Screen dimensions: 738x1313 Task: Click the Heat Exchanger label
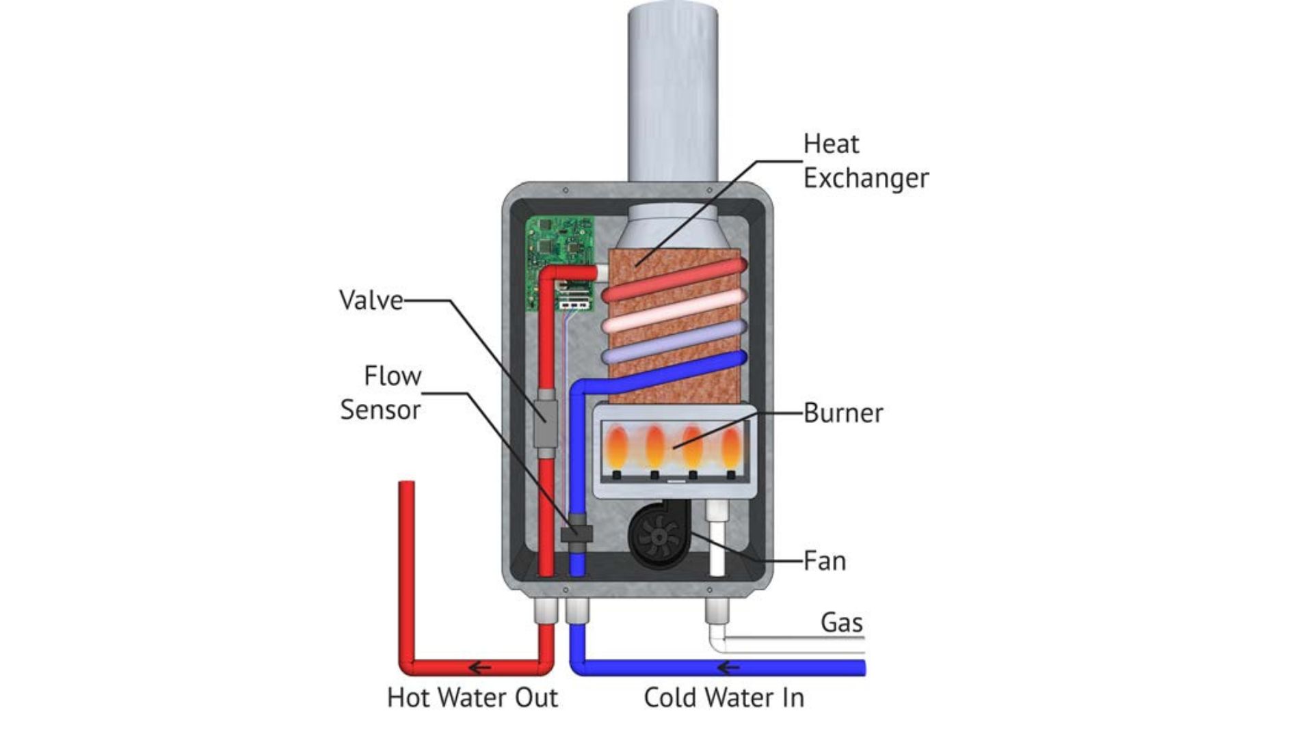point(865,161)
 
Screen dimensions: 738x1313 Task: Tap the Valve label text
point(371,301)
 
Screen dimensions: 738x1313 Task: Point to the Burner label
point(843,413)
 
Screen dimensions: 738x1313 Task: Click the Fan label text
point(824,561)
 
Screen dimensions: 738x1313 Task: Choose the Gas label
point(841,623)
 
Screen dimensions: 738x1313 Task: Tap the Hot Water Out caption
point(473,698)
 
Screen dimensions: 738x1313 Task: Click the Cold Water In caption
point(724,698)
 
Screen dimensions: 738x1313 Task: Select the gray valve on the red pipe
point(545,424)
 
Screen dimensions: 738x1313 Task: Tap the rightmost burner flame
point(730,448)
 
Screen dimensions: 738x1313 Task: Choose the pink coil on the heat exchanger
point(674,312)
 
